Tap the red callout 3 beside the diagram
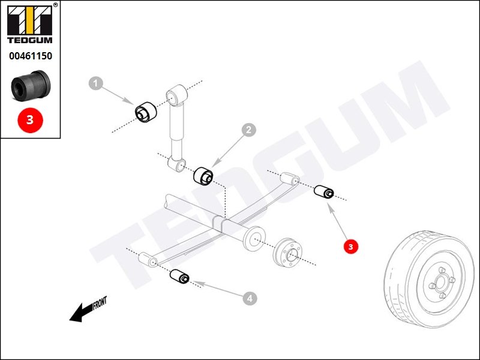(x=350, y=245)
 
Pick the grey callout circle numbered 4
(x=250, y=296)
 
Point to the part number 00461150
(x=30, y=56)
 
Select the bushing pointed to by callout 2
(x=203, y=176)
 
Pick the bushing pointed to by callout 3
(x=325, y=192)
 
